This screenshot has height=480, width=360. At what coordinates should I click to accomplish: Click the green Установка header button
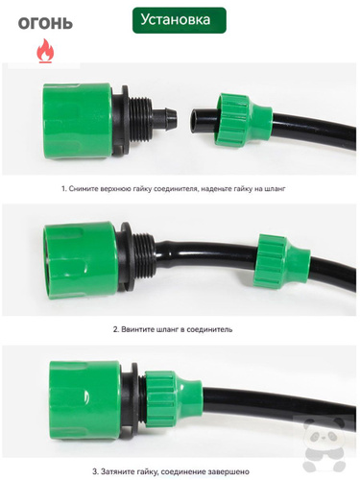coord(180,20)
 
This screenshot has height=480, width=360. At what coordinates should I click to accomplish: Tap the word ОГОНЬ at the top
coord(45,24)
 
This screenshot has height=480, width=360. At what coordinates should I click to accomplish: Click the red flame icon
coord(45,51)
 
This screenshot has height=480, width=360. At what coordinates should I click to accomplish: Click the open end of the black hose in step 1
coord(196,121)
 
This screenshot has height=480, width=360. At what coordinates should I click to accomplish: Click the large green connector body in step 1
coord(77,121)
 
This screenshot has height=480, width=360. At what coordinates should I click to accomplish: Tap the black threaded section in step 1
coord(140,119)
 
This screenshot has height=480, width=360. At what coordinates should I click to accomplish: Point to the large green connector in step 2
coord(81,260)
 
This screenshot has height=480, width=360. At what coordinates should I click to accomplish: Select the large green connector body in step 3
coord(84,400)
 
